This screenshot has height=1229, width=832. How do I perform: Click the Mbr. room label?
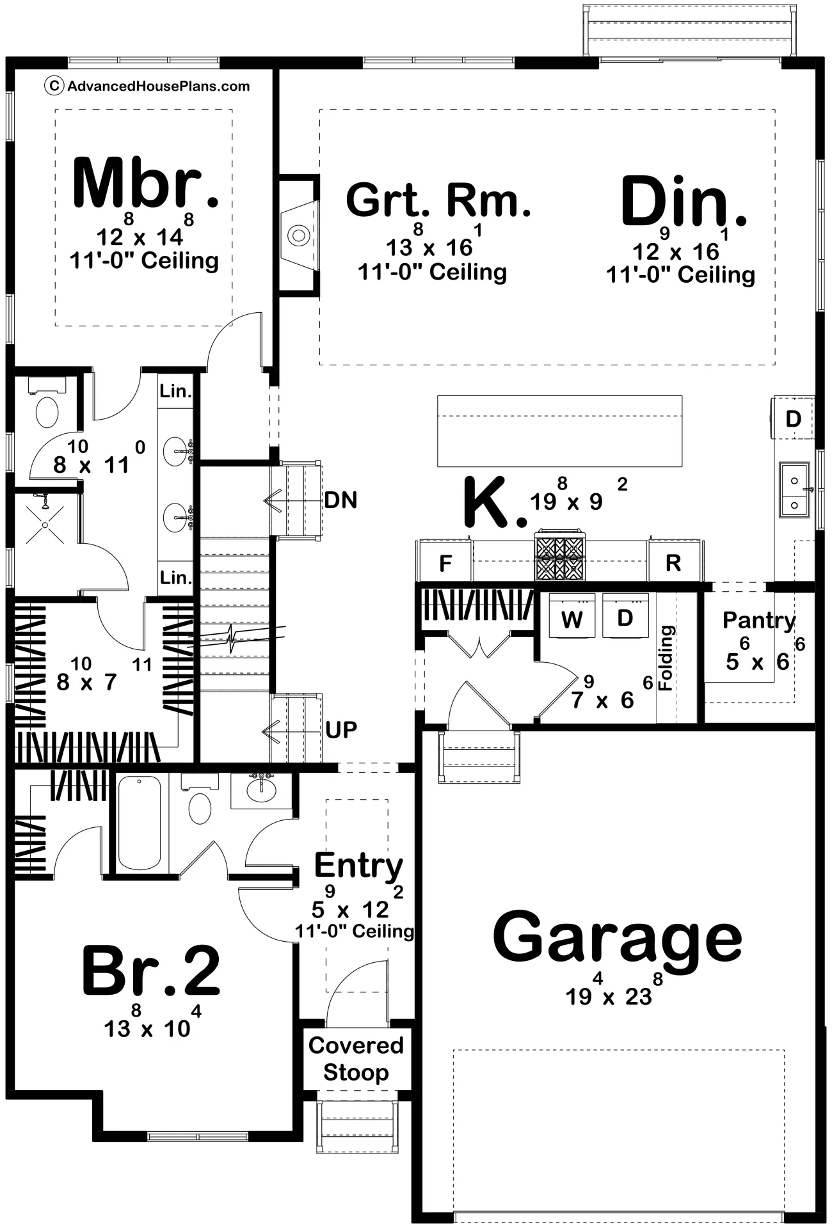146,183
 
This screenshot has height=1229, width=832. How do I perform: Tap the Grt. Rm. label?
438,200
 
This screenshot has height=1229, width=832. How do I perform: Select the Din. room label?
684,202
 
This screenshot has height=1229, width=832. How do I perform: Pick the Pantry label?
759,620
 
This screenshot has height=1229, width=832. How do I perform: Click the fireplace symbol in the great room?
298,235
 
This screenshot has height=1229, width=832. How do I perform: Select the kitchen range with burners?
560,555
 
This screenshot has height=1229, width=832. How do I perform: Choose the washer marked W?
572,615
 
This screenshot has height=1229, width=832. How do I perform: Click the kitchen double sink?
795,489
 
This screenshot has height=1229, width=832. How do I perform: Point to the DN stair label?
340,500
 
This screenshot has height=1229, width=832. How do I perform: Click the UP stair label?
341,729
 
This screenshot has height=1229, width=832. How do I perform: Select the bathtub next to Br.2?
140,823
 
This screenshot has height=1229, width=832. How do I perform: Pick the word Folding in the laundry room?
666,658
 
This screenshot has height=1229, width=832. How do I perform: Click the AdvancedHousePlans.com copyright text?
147,86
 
